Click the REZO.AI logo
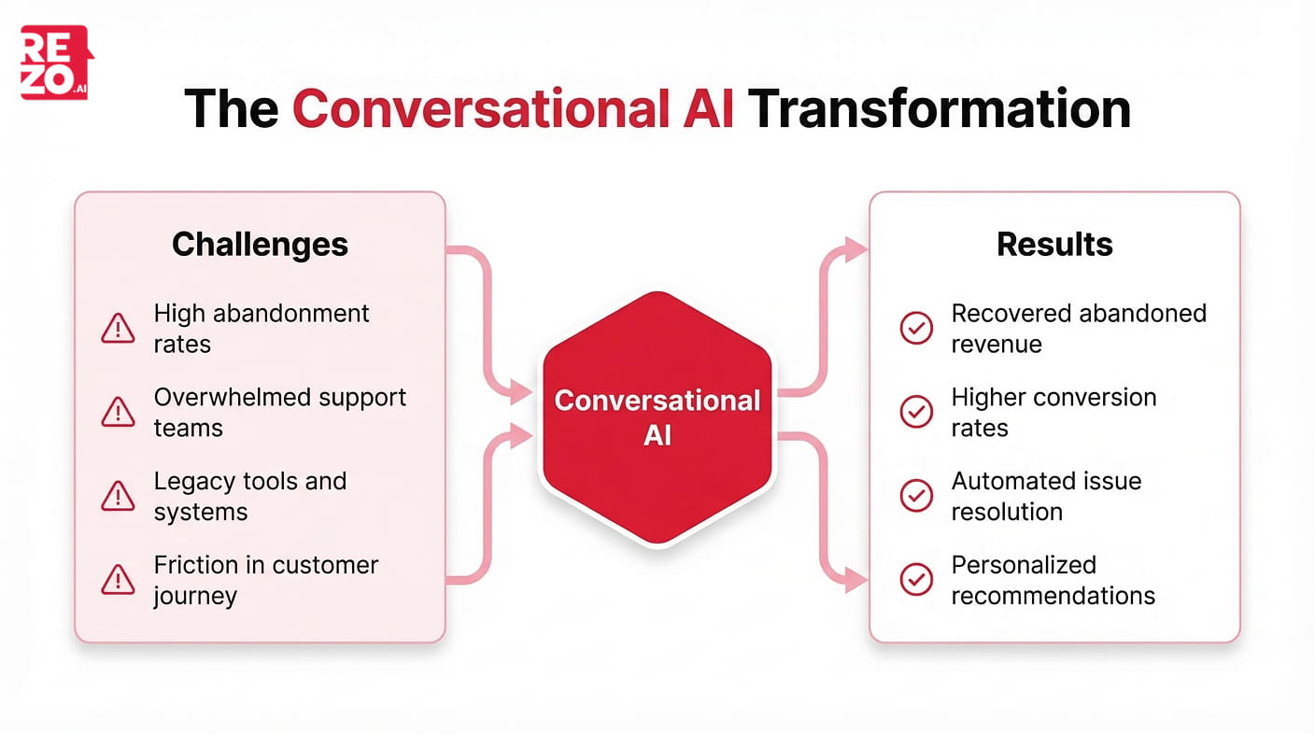click(x=56, y=63)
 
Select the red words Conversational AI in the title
click(x=513, y=108)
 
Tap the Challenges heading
click(x=260, y=245)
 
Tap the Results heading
click(x=1054, y=245)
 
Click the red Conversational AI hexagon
click(x=657, y=416)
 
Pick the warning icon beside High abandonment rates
click(x=118, y=328)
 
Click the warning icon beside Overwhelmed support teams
click(x=118, y=412)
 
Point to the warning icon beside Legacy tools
click(x=118, y=496)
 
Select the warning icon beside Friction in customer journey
click(x=118, y=580)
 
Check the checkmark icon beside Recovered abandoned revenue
click(x=915, y=328)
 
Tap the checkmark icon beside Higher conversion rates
click(x=915, y=412)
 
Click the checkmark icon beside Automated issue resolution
click(x=915, y=496)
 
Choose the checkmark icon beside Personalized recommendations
click(x=915, y=580)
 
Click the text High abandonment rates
click(x=262, y=328)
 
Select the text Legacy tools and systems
click(x=249, y=496)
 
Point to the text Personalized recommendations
click(x=1053, y=580)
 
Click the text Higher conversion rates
click(x=1053, y=412)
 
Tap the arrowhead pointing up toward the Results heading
click(x=855, y=249)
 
